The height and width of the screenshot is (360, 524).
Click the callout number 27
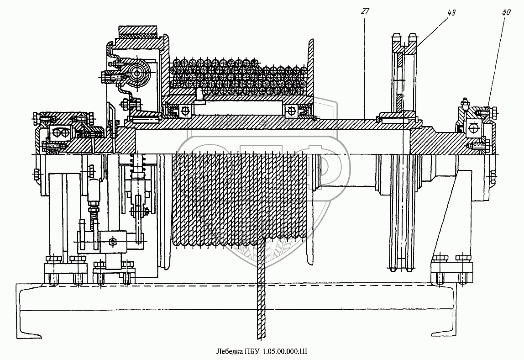tap(365, 12)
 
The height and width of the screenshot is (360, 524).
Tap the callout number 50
tap(506, 13)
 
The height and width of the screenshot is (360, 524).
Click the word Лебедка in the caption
tap(230, 351)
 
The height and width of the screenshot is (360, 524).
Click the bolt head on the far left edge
tap(36, 174)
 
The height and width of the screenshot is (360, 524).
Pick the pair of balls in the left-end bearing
tap(60, 132)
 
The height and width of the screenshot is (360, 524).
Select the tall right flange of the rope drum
tap(311, 69)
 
